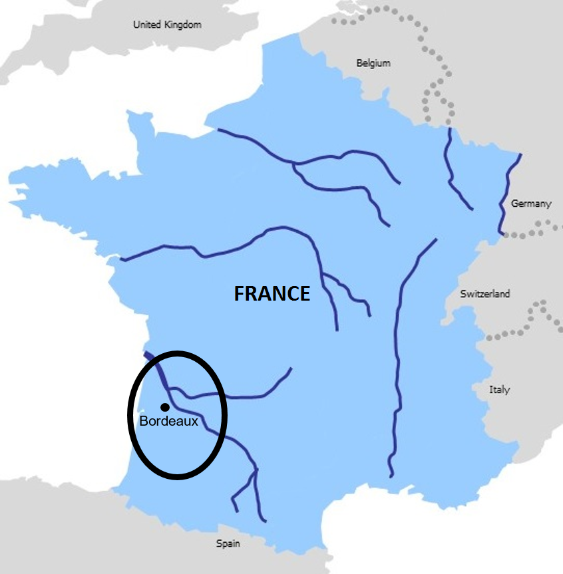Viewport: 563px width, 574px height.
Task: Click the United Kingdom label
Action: click(x=167, y=25)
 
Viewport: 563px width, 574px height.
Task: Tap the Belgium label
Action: click(x=373, y=63)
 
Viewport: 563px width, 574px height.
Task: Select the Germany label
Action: click(x=531, y=204)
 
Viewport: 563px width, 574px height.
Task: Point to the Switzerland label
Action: click(x=484, y=293)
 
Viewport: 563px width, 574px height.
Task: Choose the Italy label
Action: click(x=499, y=390)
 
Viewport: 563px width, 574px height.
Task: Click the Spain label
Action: click(x=228, y=543)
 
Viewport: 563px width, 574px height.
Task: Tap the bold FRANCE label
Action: click(x=272, y=293)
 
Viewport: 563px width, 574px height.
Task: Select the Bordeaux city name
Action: click(x=169, y=421)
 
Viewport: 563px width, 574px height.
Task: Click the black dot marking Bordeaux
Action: click(x=164, y=406)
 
